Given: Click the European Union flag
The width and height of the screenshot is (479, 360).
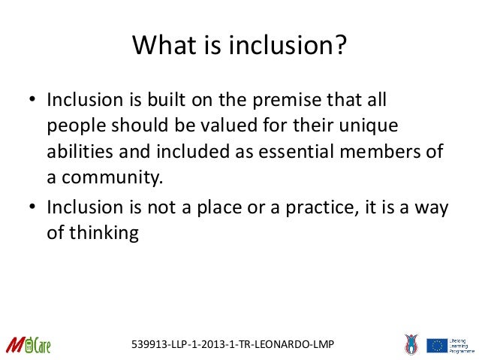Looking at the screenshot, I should [437, 345].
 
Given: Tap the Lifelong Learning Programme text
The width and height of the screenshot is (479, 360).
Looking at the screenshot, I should [462, 345].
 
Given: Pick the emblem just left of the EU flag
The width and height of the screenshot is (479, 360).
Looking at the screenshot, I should [410, 344].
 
